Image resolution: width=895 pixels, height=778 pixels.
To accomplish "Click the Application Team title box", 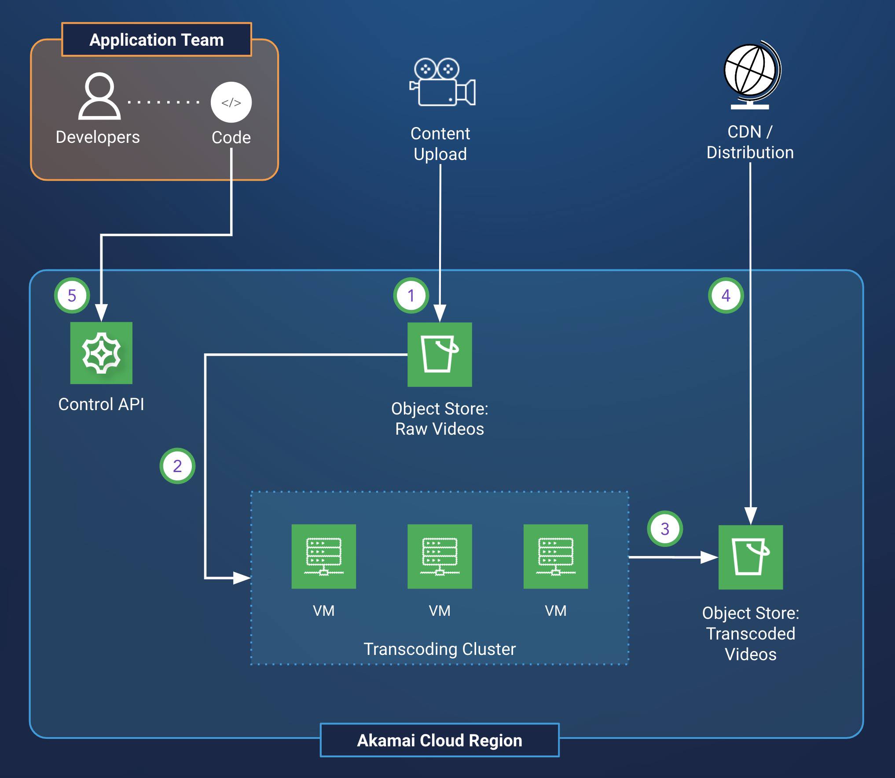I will (157, 40).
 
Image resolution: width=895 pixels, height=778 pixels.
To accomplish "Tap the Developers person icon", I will (99, 96).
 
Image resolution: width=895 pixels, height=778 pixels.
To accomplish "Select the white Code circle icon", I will (231, 102).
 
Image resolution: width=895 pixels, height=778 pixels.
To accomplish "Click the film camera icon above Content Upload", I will (442, 82).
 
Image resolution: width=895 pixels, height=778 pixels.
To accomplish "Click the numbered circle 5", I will (72, 295).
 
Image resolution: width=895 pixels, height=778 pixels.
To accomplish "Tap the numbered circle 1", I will (411, 295).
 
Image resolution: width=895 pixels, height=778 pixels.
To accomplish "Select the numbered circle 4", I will (726, 295).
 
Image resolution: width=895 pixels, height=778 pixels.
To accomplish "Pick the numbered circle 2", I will (177, 466).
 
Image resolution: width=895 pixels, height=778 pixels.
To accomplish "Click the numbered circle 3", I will (665, 529).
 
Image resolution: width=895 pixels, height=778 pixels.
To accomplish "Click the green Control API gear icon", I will (101, 353).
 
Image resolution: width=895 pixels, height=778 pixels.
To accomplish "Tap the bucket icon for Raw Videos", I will (440, 355).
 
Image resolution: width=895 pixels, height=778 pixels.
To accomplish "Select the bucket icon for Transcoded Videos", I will (751, 557).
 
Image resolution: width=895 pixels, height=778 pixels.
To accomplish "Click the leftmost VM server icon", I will (323, 556).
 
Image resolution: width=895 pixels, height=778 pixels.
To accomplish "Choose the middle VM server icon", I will (440, 556).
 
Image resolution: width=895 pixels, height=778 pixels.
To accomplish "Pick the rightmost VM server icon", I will (556, 556).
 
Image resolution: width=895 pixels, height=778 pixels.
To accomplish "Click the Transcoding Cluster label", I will (440, 649).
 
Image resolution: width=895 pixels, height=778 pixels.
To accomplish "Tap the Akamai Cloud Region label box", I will (440, 740).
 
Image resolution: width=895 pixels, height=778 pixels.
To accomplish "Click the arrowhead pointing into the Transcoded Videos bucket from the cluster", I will (709, 557).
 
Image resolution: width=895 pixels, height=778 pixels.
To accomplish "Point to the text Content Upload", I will (440, 144).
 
